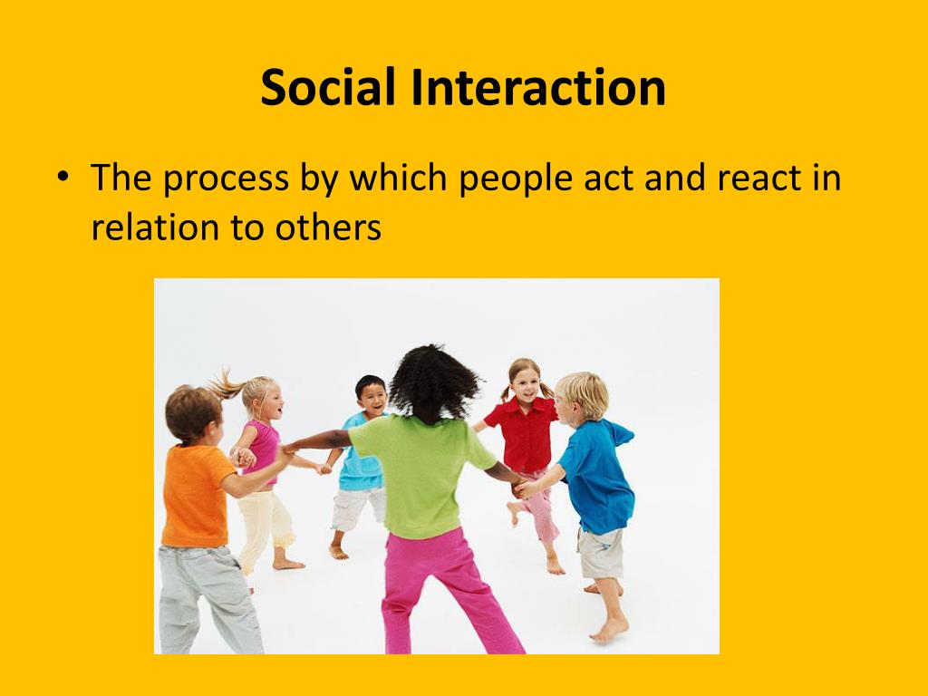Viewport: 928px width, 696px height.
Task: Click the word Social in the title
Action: pyautogui.click(x=328, y=87)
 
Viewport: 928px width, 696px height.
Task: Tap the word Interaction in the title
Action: pyautogui.click(x=538, y=87)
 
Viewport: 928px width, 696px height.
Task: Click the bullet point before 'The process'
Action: pyautogui.click(x=63, y=177)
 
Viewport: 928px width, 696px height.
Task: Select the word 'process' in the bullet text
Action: pyautogui.click(x=226, y=179)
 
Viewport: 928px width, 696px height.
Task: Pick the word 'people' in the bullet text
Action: pyautogui.click(x=516, y=178)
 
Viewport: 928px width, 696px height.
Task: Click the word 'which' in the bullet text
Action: pyautogui.click(x=399, y=177)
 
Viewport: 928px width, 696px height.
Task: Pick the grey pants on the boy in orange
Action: pyautogui.click(x=208, y=599)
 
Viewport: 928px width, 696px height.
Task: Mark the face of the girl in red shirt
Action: pyautogui.click(x=527, y=383)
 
